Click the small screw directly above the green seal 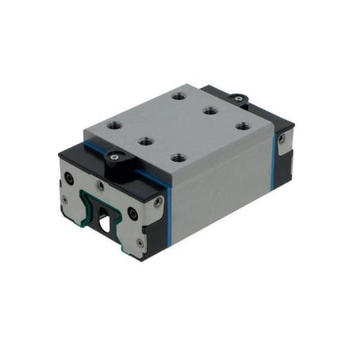pos(101,186)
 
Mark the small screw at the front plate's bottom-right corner pos(142,242)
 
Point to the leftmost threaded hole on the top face pos(111,127)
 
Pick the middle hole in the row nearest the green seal pos(146,141)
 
